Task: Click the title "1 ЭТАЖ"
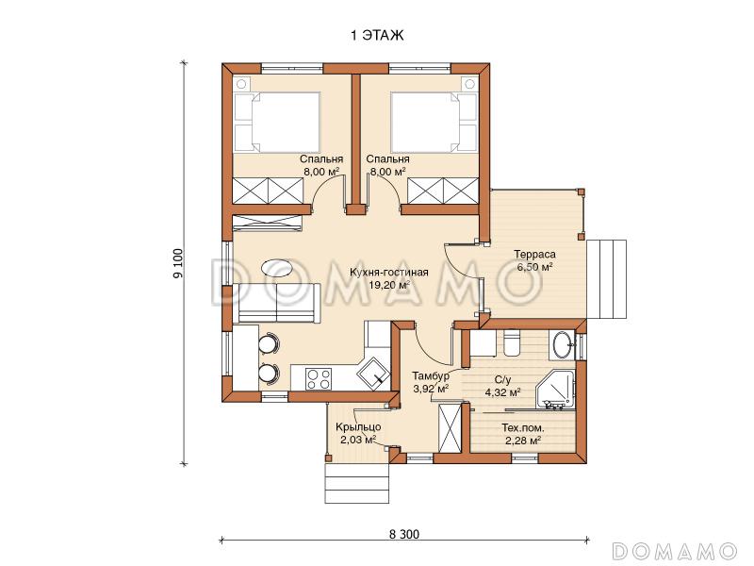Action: coord(377,35)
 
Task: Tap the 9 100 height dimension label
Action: coord(178,264)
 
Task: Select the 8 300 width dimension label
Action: coord(404,534)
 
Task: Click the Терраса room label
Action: coord(534,254)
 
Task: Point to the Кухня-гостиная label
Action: coord(389,273)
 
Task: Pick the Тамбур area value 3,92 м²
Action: coord(431,388)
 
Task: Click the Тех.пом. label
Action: coord(523,427)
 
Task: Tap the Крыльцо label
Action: coord(358,427)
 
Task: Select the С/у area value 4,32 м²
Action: coord(503,392)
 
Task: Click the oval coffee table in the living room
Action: coord(276,268)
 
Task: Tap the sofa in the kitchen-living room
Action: coord(276,303)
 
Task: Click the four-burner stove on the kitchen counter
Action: coord(319,378)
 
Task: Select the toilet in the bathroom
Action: coord(511,342)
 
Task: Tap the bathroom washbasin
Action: coord(562,344)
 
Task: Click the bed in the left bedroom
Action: coord(277,122)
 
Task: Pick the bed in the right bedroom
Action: coord(434,122)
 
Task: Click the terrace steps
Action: coord(607,279)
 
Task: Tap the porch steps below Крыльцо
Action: coord(356,483)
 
